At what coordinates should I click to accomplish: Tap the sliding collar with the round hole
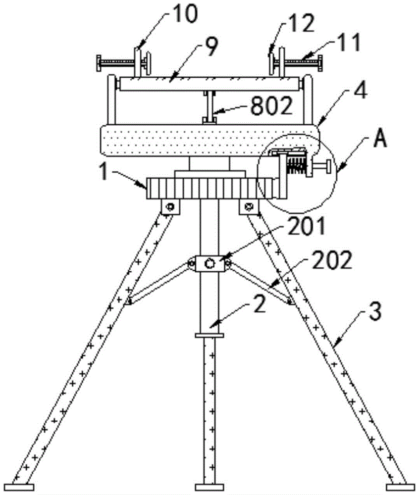coord(209,264)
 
